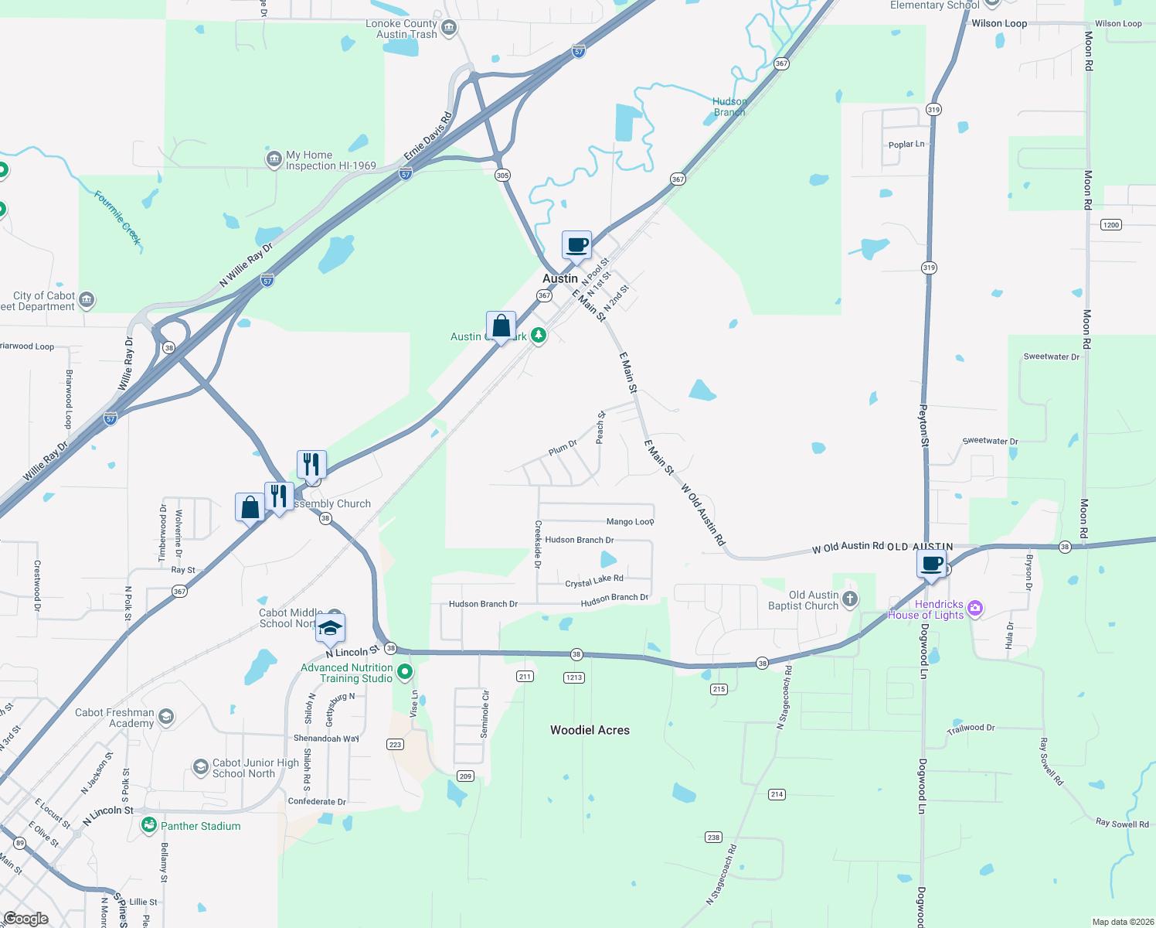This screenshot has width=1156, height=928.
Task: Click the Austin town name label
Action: [x=559, y=278]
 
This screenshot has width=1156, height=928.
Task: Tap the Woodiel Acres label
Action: [x=590, y=730]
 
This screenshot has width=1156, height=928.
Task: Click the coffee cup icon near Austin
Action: [x=576, y=246]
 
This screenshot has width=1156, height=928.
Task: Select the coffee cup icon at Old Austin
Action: [x=932, y=564]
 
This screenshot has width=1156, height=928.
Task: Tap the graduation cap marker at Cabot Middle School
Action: [x=330, y=629]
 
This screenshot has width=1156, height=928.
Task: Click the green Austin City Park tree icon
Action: [x=539, y=336]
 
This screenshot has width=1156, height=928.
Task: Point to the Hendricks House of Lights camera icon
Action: [x=975, y=608]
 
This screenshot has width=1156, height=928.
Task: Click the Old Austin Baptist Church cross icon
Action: [x=850, y=599]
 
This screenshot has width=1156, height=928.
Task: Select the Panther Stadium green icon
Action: [x=149, y=825]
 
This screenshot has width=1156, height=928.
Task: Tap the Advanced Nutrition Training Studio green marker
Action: [x=405, y=672]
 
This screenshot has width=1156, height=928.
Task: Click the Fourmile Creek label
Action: [x=118, y=218]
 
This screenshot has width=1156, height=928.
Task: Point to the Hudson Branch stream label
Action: [x=729, y=107]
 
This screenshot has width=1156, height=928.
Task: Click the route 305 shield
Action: [x=502, y=176]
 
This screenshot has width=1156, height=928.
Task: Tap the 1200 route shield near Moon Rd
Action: [x=1110, y=225]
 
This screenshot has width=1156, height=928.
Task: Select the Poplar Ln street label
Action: [x=906, y=145]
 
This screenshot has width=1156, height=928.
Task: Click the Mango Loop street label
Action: [x=630, y=522]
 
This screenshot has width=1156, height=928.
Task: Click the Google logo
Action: [x=25, y=919]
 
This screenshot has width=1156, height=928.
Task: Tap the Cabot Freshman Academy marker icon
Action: [x=165, y=718]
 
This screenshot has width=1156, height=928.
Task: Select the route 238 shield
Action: [x=713, y=837]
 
